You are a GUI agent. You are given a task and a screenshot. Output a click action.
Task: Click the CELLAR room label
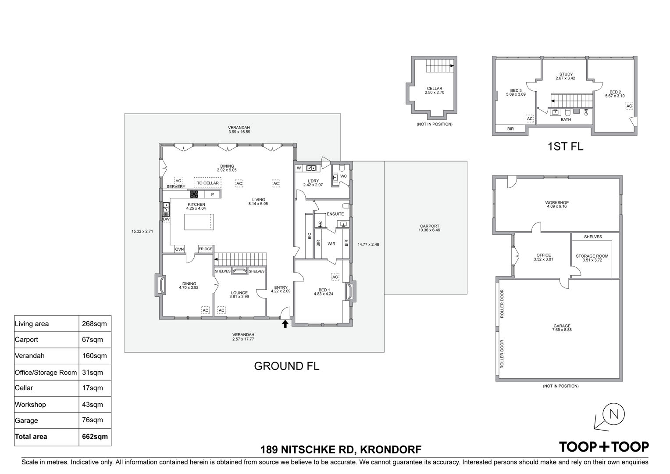click(x=435, y=88)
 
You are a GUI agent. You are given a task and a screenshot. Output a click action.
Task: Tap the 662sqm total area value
click(x=95, y=437)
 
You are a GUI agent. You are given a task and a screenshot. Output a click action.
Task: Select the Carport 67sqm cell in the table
click(x=93, y=340)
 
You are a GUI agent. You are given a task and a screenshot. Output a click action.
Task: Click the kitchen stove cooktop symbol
click(x=194, y=194)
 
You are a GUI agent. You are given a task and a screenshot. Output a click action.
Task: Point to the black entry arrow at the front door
click(x=285, y=323)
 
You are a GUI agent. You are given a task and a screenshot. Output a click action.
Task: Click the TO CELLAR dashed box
click(x=207, y=183)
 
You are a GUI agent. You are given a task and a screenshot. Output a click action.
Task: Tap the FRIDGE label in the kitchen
click(x=206, y=249)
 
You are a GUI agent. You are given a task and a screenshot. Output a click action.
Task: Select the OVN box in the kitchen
click(x=179, y=249)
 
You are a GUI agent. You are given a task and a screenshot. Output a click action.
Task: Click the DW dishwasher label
click(x=166, y=219)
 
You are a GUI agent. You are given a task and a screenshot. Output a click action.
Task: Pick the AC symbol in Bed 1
click(x=335, y=277)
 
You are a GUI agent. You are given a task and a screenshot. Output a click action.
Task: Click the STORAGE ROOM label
click(x=592, y=256)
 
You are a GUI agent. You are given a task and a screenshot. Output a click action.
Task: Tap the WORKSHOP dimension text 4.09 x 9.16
click(x=556, y=206)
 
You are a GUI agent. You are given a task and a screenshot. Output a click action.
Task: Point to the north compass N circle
click(x=614, y=414)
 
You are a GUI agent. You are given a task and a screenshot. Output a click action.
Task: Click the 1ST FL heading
click(x=565, y=147)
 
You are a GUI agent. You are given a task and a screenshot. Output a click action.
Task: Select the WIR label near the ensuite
click(x=331, y=244)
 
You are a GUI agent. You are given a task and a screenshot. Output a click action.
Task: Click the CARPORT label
click(x=430, y=226)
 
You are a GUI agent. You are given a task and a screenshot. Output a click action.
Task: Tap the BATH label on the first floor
click(x=566, y=119)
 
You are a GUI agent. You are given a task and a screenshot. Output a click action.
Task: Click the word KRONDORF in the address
click(x=391, y=449)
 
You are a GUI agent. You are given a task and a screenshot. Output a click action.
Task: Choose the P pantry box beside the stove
click(x=213, y=194)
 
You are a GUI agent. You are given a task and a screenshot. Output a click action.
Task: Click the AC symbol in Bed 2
click(x=629, y=106)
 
